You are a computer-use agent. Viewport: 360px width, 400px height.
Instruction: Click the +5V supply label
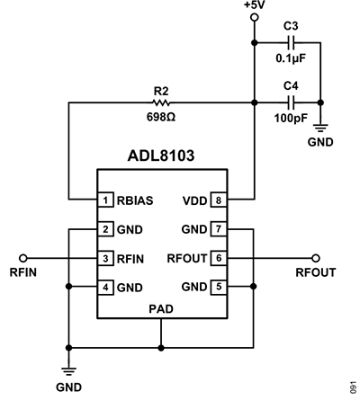(254, 6)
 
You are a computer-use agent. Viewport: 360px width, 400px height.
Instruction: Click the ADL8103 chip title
(161, 154)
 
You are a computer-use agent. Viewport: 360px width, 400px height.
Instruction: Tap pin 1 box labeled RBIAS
(104, 200)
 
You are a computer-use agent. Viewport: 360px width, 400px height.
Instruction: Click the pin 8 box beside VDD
(216, 200)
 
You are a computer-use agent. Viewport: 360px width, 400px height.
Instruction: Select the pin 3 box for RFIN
(104, 259)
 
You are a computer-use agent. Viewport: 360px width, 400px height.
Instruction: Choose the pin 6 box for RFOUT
(216, 259)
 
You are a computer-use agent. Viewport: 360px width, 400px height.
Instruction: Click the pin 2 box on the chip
(104, 229)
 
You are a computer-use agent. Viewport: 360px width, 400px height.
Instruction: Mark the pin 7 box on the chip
(216, 229)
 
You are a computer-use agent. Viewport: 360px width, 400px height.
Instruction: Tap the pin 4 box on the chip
(104, 289)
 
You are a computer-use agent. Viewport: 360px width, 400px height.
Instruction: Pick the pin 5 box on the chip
(216, 289)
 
